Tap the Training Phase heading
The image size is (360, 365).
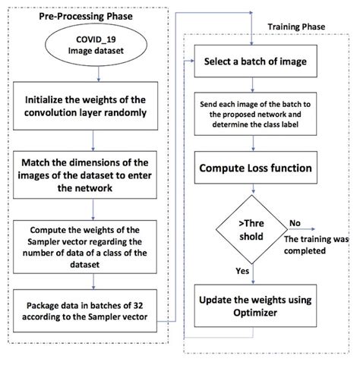(298, 27)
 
